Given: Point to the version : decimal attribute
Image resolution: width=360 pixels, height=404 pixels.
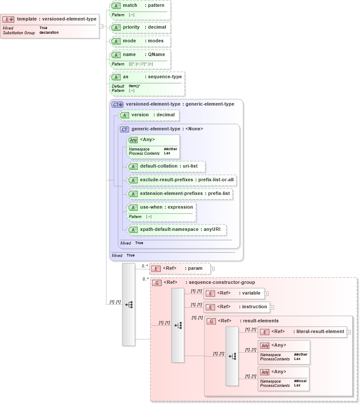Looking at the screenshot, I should click(148, 115).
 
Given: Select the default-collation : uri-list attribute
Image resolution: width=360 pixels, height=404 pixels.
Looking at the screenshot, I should click(166, 166).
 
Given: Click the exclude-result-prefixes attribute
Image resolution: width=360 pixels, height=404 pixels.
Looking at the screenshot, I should click(182, 180).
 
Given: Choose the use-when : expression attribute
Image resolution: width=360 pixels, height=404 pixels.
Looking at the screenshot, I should click(161, 207).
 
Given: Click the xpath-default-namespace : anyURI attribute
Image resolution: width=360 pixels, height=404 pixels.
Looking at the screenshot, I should click(176, 230).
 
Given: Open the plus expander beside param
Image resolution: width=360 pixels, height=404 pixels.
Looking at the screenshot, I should click(212, 269).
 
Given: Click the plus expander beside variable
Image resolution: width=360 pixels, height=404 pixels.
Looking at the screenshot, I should click(267, 293).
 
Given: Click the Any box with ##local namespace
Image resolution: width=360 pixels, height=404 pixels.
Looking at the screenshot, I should click(284, 378).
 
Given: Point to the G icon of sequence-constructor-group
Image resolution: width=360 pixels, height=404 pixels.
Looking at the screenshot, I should click(157, 283).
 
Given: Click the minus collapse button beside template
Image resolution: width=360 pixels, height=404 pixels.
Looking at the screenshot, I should click(101, 26).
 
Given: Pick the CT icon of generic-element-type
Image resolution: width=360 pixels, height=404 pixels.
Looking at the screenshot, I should click(124, 129).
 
